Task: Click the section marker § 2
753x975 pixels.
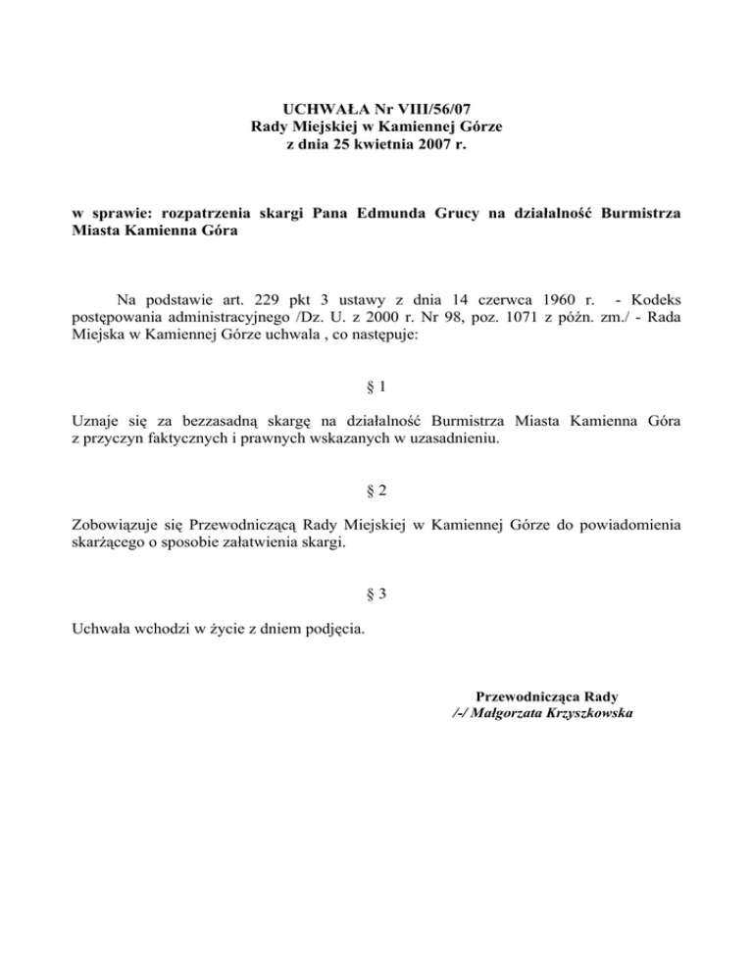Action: point(376,489)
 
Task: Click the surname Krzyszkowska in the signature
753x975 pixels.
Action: point(579,714)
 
